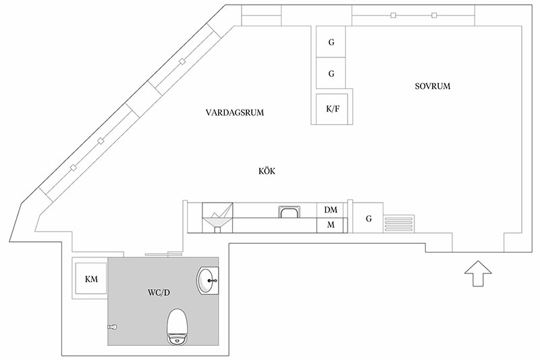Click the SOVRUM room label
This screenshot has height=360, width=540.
[433, 86]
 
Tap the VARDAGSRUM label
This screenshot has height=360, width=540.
[234, 113]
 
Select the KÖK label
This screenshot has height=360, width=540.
[267, 171]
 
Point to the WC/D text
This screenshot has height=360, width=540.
[159, 293]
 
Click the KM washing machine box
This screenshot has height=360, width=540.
[91, 278]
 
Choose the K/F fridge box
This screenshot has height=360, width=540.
[332, 109]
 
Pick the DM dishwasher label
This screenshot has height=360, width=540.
[331, 210]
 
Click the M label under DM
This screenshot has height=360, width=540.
[331, 225]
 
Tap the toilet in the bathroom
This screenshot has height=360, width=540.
[177, 327]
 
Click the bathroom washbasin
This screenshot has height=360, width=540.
[207, 281]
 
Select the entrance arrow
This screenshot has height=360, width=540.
[478, 273]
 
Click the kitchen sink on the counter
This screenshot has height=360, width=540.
[289, 212]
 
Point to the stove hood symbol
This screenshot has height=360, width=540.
[217, 217]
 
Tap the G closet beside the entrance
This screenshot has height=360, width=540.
[368, 218]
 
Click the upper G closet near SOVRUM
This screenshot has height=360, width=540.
[331, 42]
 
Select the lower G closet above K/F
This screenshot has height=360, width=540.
[331, 73]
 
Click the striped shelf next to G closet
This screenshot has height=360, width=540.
[399, 224]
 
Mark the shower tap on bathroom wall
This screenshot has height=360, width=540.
[113, 327]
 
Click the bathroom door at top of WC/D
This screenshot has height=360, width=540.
[163, 255]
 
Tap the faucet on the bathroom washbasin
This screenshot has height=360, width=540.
[213, 281]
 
